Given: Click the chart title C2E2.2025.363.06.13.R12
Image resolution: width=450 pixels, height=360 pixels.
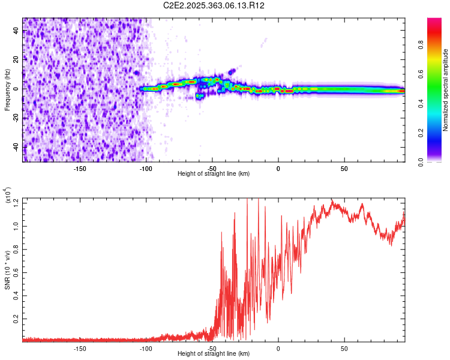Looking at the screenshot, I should click(x=214, y=5).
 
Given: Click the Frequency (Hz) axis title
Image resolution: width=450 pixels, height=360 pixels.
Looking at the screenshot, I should click(x=7, y=90).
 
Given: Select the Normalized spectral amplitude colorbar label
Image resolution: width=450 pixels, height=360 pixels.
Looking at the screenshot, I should click(x=445, y=90).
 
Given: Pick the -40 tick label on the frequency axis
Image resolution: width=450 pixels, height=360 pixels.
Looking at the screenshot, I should click(x=16, y=147).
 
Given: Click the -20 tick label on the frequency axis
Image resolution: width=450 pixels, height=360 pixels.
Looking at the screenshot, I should click(x=16, y=118).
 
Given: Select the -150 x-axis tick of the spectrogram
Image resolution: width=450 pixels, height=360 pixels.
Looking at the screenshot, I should click(x=80, y=168).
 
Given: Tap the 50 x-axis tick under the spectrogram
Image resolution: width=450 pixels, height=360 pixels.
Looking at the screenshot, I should click(x=344, y=168).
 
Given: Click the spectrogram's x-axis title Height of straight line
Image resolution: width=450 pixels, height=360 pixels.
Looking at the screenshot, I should click(x=214, y=173).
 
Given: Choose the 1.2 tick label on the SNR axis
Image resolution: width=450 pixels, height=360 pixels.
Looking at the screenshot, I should click(x=16, y=203).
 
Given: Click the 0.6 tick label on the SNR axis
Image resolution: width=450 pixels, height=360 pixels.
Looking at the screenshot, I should click(x=16, y=272).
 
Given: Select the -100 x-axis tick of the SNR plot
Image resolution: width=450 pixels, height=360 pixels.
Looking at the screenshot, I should click(x=146, y=348).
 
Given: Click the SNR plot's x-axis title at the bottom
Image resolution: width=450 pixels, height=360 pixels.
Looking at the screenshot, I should click(x=214, y=354).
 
